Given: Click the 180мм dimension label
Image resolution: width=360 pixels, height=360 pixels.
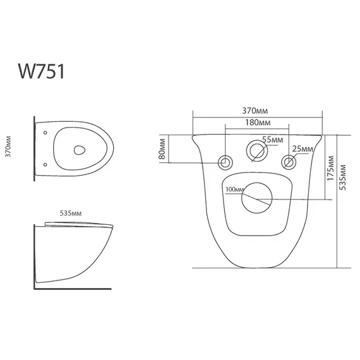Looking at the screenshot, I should tap(256, 122).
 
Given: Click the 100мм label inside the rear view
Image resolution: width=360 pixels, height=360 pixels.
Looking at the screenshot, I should tap(233, 189).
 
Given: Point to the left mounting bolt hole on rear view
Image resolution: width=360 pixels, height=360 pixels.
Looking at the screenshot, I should tap(224, 163).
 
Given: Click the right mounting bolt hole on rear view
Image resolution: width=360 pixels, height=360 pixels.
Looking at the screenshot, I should tap(288, 162).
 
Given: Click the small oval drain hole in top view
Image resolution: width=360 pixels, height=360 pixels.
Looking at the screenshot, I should tap(79, 150).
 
